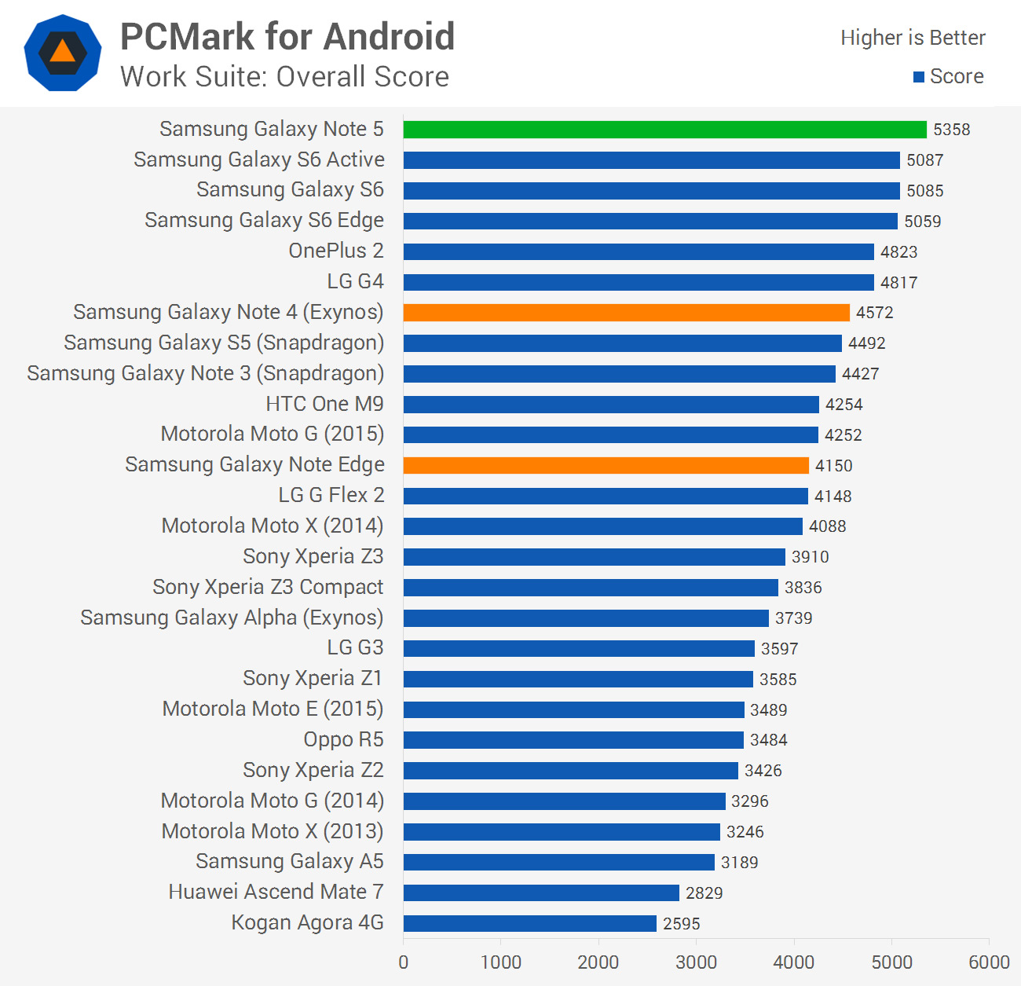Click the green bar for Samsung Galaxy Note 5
pos(664,130)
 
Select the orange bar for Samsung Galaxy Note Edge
pos(606,465)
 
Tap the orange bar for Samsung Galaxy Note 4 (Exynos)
pos(626,313)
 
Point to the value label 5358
pos(951,130)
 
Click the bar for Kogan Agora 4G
pos(529,923)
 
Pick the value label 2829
pos(704,893)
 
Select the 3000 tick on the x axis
pos(696,962)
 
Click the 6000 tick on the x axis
pos(989,962)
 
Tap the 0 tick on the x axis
pos(404,962)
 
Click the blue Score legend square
pos(918,77)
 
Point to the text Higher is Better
pos(913,38)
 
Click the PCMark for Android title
pos(287,37)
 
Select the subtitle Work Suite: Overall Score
pos(284,77)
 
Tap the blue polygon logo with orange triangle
pos(63,53)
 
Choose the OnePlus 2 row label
pos(336,251)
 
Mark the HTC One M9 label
pos(324,404)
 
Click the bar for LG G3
pos(579,648)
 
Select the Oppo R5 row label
pos(343,739)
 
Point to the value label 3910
pos(810,557)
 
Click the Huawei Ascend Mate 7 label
pos(276,892)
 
